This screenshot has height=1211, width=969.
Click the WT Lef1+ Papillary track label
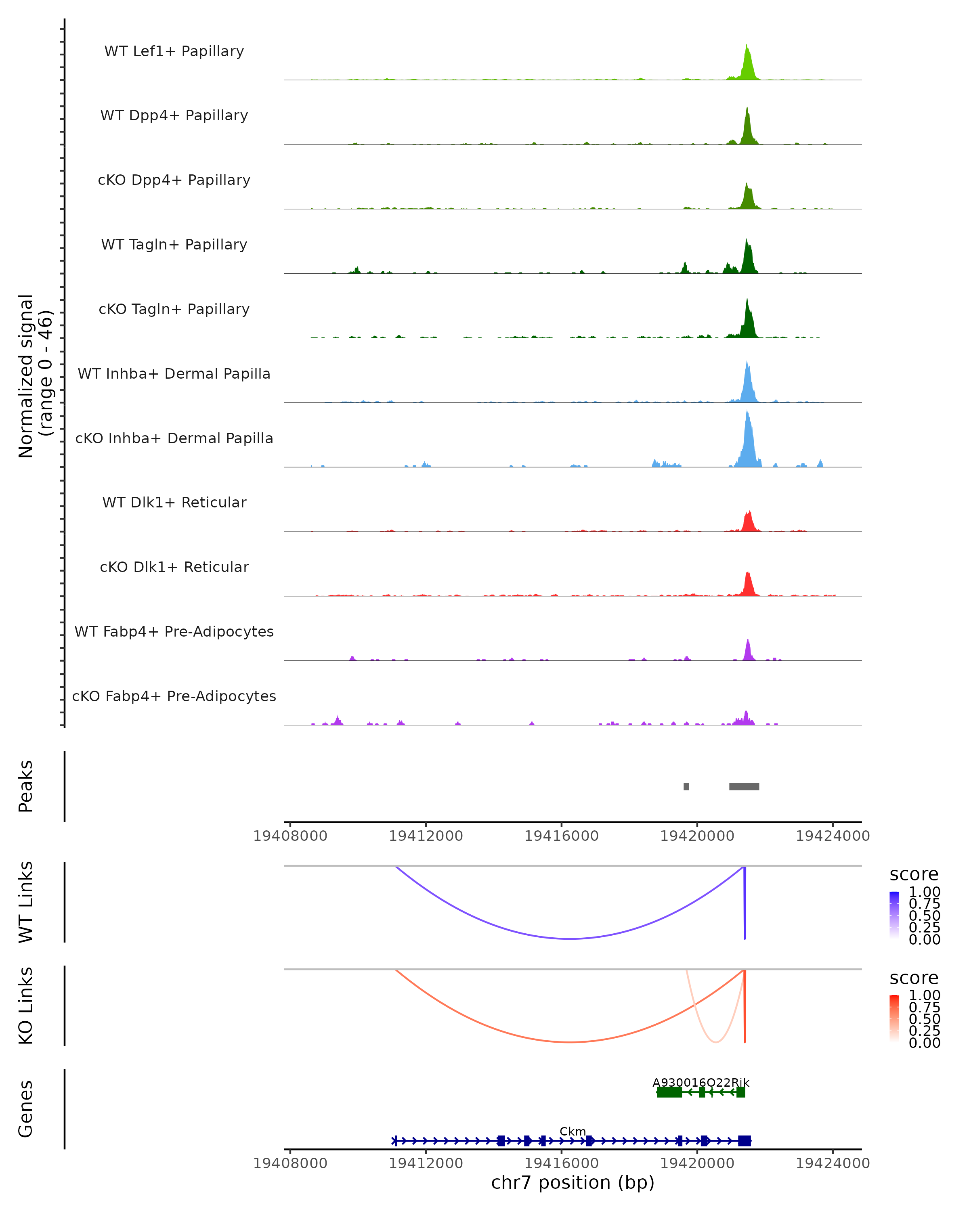pos(174,51)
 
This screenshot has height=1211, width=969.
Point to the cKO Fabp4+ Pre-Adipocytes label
pos(174,696)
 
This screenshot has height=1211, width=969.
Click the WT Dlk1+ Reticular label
pos(174,502)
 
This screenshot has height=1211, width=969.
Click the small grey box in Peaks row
pos(686,786)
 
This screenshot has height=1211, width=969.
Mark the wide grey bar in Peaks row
pos(744,786)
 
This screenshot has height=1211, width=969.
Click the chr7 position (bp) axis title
pos(573,1182)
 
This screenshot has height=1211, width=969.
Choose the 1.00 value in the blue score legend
pos(924,892)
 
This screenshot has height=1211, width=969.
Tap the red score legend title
pos(914,978)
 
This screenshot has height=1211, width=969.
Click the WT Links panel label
pos(26,902)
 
